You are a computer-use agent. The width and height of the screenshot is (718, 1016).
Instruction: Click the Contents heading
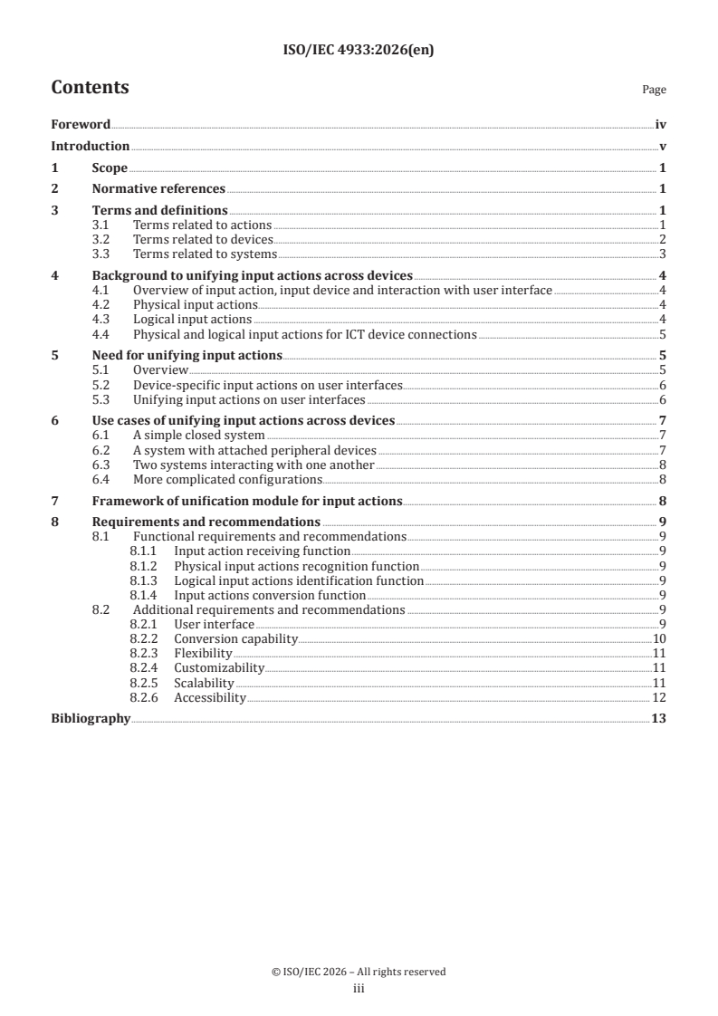[x=90, y=88]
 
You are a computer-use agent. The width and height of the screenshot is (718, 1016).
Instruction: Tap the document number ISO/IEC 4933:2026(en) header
[x=359, y=50]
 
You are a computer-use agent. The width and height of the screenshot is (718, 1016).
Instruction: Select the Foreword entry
[x=81, y=125]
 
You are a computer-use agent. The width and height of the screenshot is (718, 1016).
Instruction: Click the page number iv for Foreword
[x=661, y=125]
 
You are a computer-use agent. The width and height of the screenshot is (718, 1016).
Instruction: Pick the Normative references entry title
[x=158, y=189]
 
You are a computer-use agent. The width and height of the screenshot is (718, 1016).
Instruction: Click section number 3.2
[x=102, y=239]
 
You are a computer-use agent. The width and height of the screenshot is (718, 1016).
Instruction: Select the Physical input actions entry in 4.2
[x=182, y=305]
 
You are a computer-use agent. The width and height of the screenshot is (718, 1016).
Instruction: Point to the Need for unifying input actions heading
[x=187, y=356]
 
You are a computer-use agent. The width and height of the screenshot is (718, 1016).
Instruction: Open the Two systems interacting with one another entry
[x=222, y=465]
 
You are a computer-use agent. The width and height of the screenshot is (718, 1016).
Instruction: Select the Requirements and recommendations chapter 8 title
[x=206, y=522]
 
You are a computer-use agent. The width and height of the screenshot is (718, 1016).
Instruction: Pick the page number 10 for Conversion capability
[x=659, y=639]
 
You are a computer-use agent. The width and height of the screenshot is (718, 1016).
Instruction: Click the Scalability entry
[x=204, y=683]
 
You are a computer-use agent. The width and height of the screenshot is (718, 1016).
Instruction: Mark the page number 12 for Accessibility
[x=659, y=697]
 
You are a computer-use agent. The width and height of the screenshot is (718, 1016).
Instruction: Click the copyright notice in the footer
[x=359, y=972]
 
